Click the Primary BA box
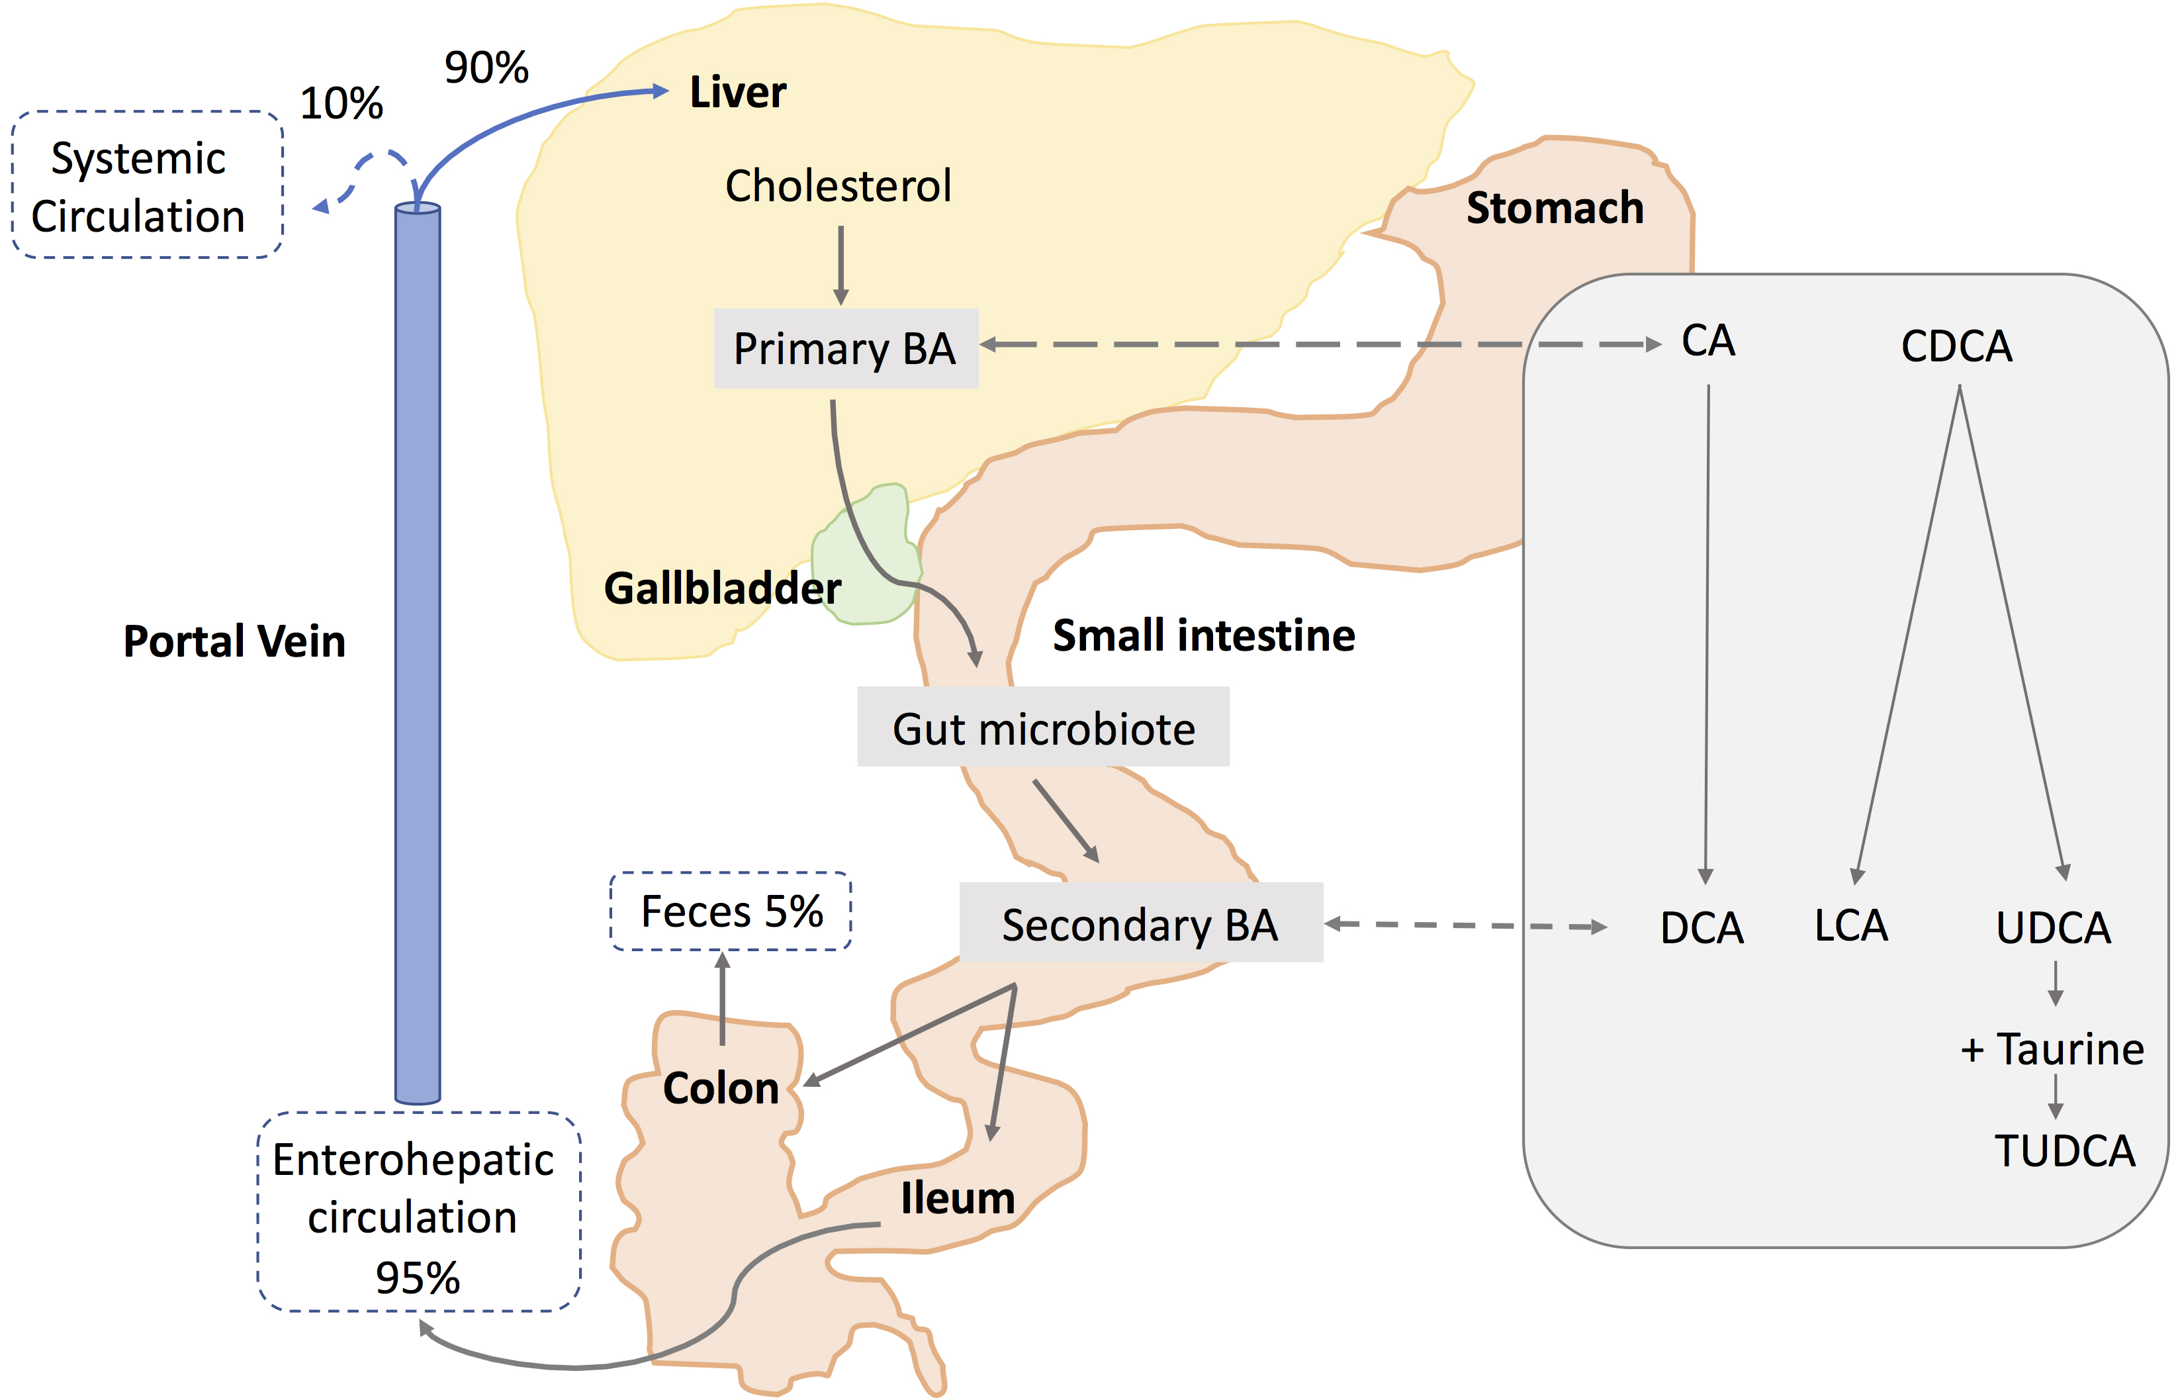coord(845,349)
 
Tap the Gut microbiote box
coord(1043,727)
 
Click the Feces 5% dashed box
coord(731,911)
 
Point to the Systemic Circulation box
coord(146,185)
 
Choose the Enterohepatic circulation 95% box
coord(418,1213)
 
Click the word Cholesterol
coord(838,186)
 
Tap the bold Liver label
coord(738,92)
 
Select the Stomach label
coord(1555,208)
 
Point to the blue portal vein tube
coord(418,653)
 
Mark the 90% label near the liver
coord(486,68)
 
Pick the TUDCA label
coord(2065,1151)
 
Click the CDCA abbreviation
coord(1956,346)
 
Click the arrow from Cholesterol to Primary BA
coord(840,263)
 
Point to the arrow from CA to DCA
coord(1707,635)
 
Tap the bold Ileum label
coord(958,1198)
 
